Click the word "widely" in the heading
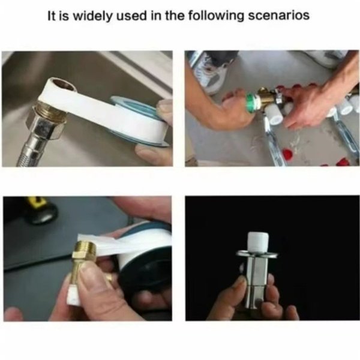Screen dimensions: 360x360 coord(94,16)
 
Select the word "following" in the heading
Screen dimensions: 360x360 coord(215,16)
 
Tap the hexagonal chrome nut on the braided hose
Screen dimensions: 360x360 coord(45,124)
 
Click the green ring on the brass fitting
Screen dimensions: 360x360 coord(251,103)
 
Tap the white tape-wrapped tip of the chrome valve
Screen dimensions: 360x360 coord(258,242)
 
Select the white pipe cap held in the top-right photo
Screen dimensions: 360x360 coord(274,115)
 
